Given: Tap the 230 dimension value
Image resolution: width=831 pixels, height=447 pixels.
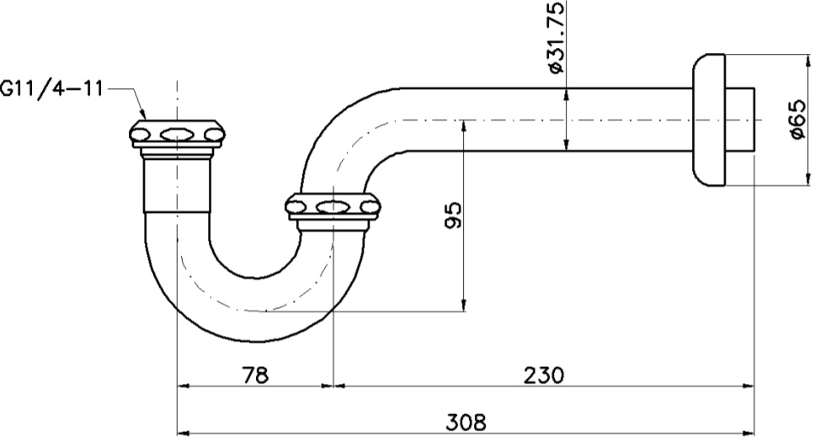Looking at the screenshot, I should point(542,373).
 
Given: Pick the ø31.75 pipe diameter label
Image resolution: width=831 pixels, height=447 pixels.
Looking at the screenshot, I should point(555,38).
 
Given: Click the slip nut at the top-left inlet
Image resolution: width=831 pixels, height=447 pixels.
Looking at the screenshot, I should point(177,134).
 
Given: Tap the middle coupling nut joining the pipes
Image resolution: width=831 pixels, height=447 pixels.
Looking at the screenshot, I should point(333,206).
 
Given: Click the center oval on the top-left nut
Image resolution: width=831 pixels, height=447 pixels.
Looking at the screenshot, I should point(177,133).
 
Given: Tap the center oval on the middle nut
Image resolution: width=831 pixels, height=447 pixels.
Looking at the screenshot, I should point(333,205).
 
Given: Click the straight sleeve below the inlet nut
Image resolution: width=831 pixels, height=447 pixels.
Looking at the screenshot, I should point(177,185).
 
